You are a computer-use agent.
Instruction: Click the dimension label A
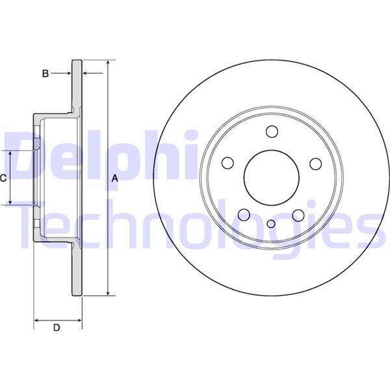click(115, 178)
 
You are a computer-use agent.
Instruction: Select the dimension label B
click(45, 74)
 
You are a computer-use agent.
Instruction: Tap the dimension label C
click(3, 177)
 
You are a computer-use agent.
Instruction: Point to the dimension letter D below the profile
click(57, 328)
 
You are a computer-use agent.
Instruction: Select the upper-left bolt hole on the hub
click(227, 163)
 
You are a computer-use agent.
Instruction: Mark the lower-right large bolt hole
click(298, 215)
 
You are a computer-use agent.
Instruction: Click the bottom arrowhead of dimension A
click(108, 293)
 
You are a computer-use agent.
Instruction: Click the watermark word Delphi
click(97, 156)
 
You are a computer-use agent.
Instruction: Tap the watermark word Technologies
click(195, 227)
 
